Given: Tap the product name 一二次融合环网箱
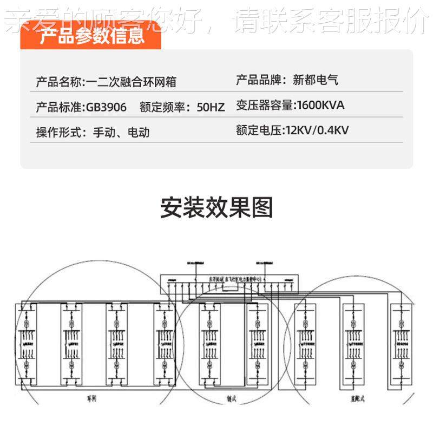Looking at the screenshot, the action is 132,82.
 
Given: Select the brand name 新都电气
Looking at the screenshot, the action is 316,81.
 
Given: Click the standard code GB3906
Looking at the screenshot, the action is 107,107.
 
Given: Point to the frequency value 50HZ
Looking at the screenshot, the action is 211,107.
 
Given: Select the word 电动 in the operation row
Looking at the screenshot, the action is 138,132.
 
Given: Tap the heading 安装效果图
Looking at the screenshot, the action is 216,208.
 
